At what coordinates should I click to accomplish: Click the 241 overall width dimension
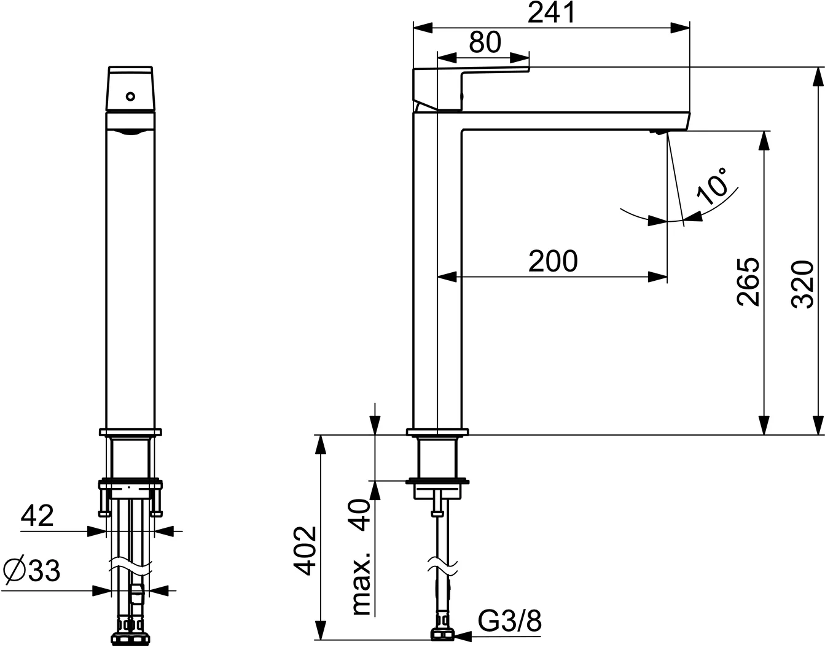point(551,13)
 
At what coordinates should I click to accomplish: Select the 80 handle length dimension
point(485,42)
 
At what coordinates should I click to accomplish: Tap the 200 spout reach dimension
point(553,261)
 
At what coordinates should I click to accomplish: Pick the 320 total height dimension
point(803,284)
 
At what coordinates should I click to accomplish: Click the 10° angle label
point(711,186)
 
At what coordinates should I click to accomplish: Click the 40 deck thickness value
point(359,516)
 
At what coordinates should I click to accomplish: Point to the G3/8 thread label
point(509,622)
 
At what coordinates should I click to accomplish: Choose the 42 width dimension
point(37,516)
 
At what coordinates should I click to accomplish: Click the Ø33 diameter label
point(31,570)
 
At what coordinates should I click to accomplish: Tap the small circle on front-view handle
point(130,96)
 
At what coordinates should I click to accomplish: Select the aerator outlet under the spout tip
point(657,131)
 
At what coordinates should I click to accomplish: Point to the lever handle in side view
point(471,90)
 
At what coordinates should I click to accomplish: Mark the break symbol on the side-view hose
point(443,570)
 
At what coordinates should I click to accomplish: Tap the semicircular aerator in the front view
point(130,133)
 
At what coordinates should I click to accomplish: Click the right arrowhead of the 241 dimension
point(680,28)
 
